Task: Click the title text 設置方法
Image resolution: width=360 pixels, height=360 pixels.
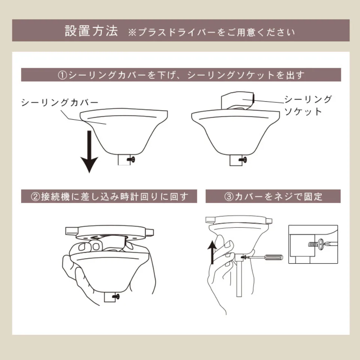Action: pyautogui.click(x=91, y=31)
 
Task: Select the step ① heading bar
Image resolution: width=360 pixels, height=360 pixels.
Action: pyautogui.click(x=181, y=75)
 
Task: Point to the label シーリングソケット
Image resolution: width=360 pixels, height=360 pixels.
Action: pyautogui.click(x=307, y=105)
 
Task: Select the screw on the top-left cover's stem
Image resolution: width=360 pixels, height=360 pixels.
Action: pyautogui.click(x=131, y=159)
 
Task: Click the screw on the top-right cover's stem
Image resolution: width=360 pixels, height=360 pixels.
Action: pyautogui.click(x=244, y=160)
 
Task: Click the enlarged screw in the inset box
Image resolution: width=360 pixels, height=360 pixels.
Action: pyautogui.click(x=318, y=244)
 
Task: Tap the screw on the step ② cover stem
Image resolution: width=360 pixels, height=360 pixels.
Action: pyautogui.click(x=116, y=297)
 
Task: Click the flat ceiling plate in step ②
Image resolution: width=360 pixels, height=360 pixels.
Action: pyautogui.click(x=109, y=230)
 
